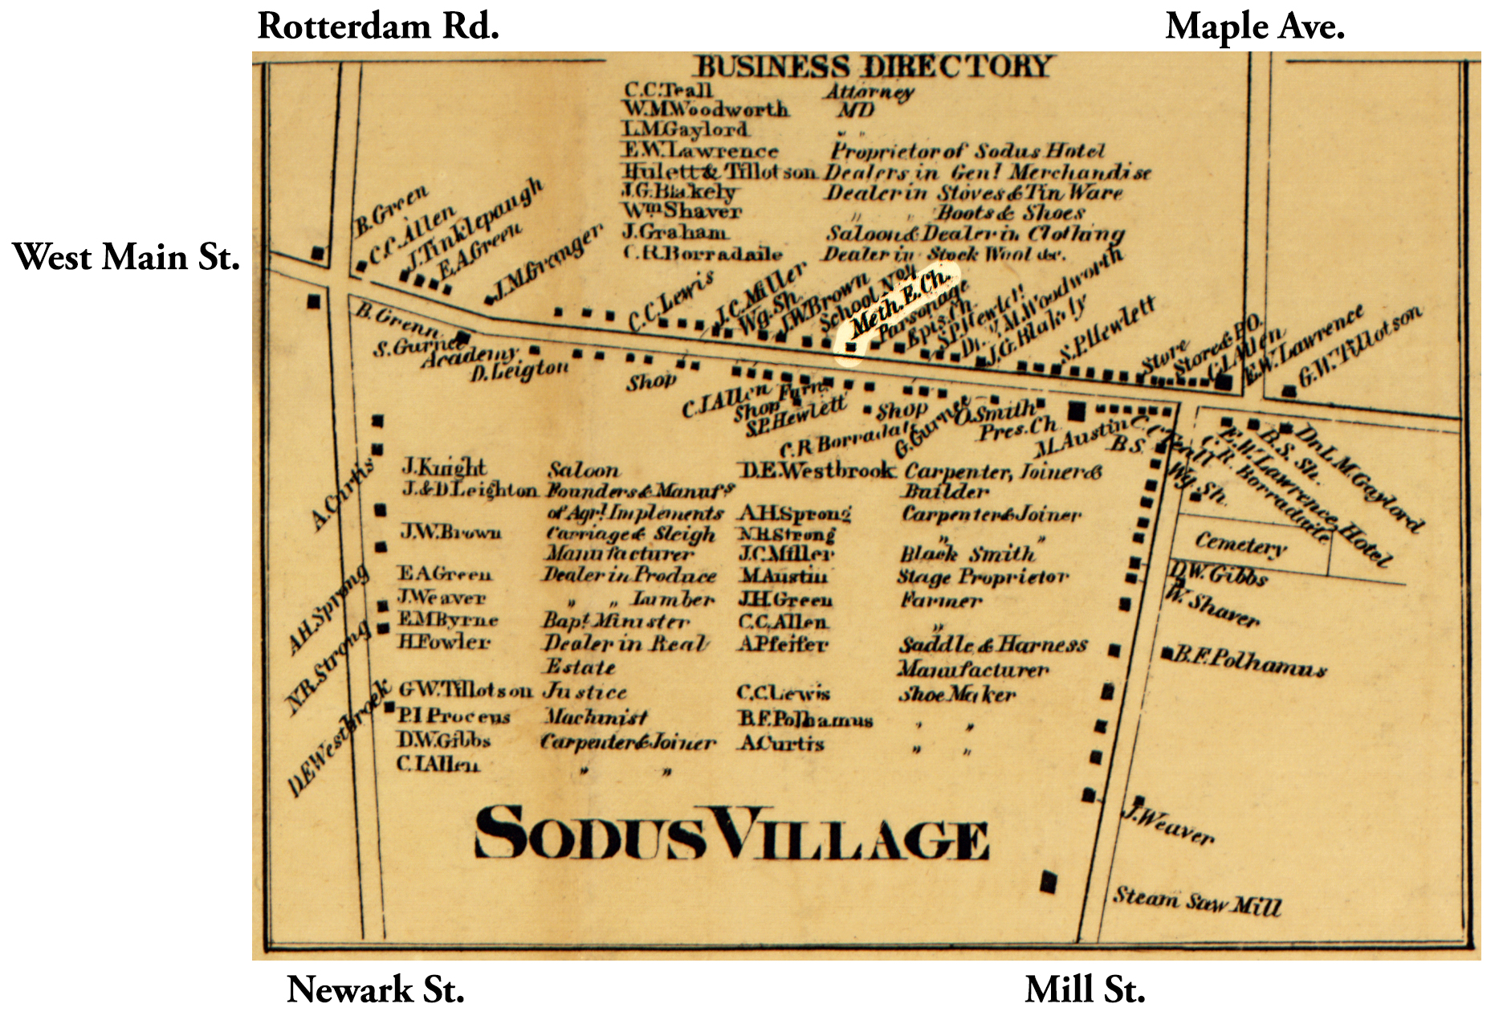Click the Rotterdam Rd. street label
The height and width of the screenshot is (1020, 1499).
378,27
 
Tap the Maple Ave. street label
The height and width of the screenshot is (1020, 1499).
1254,27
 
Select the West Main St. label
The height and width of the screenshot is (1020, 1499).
126,257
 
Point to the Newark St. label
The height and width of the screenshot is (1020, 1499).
375,989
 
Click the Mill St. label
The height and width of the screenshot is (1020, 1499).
1084,989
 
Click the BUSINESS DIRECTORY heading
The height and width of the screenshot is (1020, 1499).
872,66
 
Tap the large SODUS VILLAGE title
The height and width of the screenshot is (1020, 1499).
731,834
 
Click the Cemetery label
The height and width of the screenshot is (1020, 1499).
1240,545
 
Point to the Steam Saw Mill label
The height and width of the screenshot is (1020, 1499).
1196,900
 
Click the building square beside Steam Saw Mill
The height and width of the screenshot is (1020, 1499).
1048,882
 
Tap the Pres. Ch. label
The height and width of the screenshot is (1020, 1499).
1017,428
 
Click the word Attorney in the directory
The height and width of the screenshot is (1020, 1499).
870,92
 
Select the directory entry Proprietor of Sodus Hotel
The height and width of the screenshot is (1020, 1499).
967,150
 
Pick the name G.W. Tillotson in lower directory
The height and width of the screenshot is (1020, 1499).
465,689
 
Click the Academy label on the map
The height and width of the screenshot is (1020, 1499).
469,354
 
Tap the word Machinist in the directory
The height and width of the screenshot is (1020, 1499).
595,716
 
